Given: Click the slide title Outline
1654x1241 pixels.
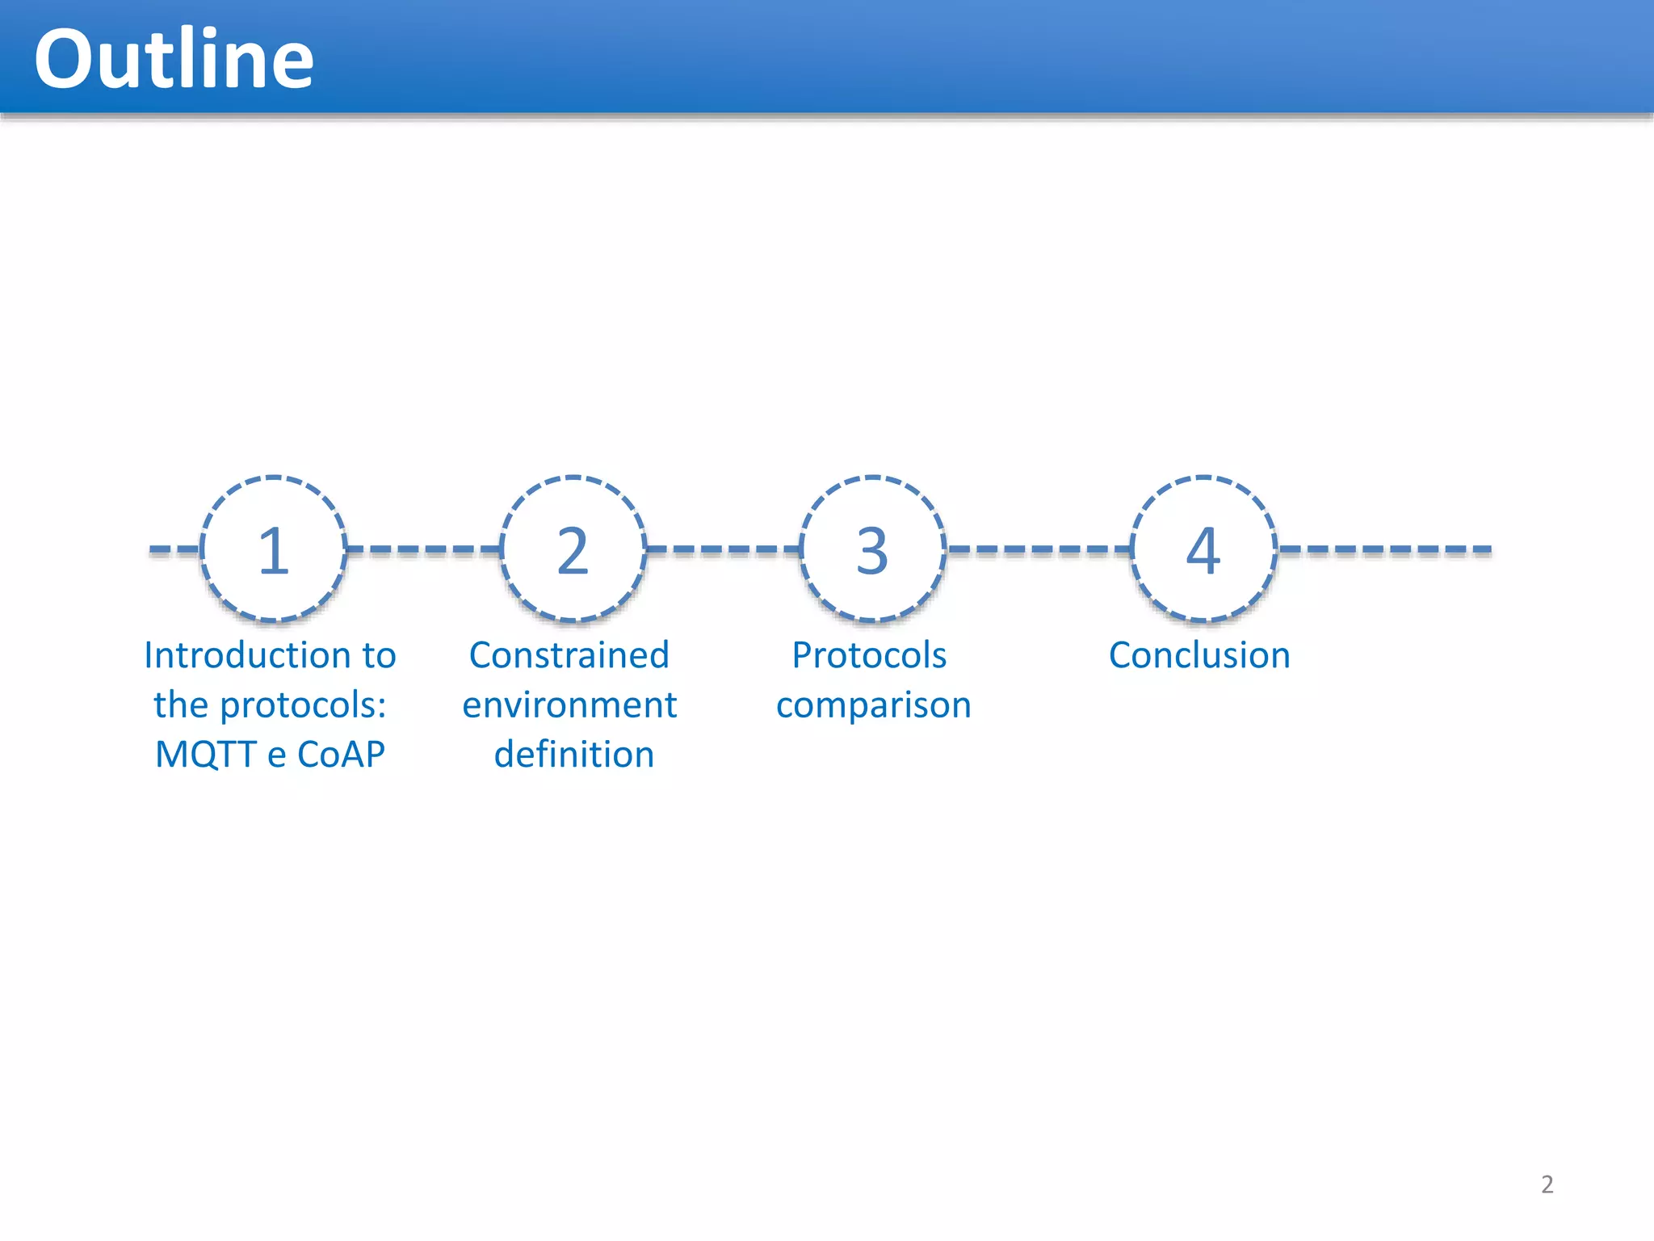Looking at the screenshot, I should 174,59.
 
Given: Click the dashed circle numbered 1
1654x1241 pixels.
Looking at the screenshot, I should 274,549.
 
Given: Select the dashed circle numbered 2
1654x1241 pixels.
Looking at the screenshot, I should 573,549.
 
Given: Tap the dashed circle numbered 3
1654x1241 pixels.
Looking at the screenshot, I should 872,549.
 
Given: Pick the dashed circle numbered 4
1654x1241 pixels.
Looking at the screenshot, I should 1203,549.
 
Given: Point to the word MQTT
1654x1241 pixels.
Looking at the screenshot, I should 205,755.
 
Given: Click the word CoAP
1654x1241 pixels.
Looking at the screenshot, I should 341,755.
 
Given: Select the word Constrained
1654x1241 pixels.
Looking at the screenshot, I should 569,655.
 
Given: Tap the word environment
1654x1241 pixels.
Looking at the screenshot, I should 569,705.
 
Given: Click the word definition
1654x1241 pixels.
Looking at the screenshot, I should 573,755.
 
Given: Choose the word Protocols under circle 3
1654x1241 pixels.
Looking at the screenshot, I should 869,655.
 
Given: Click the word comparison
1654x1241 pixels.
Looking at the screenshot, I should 873,705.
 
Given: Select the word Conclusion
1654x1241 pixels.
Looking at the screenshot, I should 1199,655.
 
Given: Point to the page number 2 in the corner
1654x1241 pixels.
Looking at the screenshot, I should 1547,1184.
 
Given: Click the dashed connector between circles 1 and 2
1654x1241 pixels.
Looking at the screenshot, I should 424,549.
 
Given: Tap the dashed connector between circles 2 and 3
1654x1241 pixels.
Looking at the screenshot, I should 723,549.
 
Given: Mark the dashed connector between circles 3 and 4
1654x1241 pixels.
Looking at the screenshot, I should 1039,549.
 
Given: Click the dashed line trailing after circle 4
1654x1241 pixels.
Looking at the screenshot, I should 1384,549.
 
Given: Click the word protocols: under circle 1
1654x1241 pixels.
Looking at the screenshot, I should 303,705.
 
